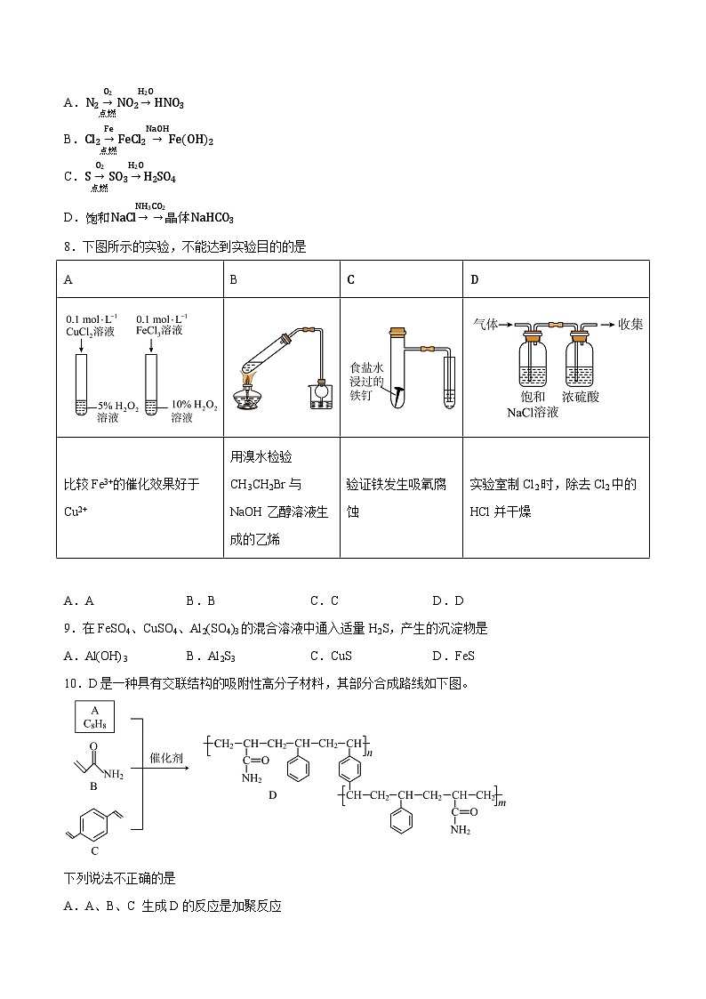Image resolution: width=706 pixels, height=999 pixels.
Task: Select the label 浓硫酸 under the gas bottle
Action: click(x=581, y=397)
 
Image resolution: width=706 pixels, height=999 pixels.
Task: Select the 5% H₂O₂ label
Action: click(x=117, y=410)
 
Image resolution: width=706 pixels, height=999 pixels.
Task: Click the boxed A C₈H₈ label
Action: click(x=94, y=717)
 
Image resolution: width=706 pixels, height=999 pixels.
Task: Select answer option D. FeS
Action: click(x=453, y=656)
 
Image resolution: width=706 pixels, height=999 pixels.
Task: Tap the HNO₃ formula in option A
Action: click(x=169, y=103)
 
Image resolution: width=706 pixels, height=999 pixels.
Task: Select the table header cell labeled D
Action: click(x=475, y=279)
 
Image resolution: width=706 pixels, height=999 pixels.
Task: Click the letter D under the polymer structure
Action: click(x=273, y=794)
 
